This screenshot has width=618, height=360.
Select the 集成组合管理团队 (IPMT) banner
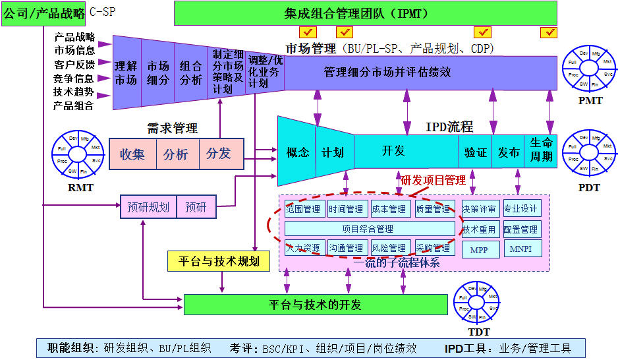coord(366,13)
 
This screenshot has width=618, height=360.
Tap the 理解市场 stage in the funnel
coord(126,73)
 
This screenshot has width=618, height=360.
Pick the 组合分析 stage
coord(191,73)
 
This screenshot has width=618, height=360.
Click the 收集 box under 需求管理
coord(132,154)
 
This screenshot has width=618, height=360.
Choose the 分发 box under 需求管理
coord(219,154)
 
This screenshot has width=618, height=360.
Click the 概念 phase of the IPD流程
coord(297,152)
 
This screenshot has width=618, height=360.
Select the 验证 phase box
coord(475,152)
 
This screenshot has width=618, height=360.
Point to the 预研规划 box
coord(148,208)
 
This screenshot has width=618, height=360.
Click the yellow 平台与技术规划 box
coord(217,261)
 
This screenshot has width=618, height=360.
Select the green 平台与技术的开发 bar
coord(316,305)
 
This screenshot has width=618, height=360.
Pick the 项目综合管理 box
coord(370,229)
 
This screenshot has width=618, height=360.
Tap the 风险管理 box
coord(389,248)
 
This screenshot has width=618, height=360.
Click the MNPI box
coord(522,249)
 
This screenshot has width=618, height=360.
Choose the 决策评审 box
coord(480,209)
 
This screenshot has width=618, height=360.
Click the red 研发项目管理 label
coord(433,180)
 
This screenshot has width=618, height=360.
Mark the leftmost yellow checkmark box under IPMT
coord(307,32)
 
